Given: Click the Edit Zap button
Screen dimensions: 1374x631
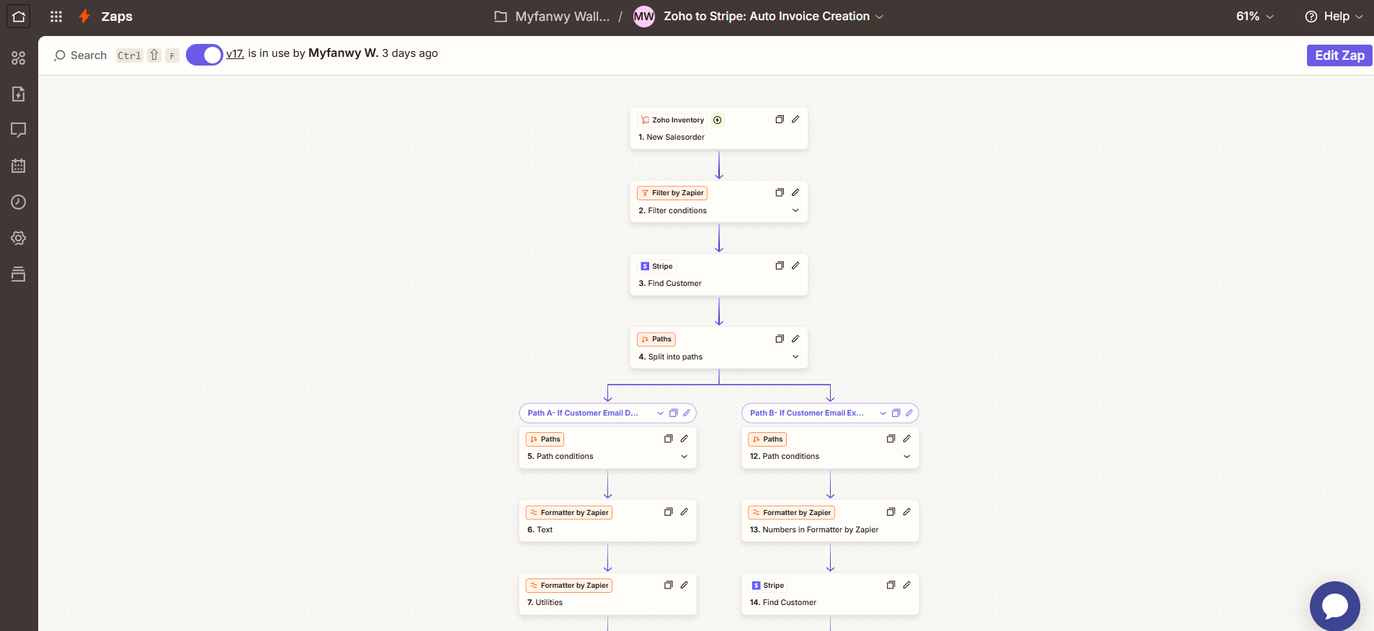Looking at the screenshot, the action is [x=1339, y=55].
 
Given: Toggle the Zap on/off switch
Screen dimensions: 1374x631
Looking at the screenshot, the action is [x=205, y=55].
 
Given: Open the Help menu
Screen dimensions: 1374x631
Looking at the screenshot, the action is [x=1334, y=17].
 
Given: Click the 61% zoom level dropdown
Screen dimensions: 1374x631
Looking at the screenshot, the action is [x=1255, y=17].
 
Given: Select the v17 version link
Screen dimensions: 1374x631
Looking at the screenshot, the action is [x=235, y=53].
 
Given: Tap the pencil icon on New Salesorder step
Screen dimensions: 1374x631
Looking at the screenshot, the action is [x=795, y=120].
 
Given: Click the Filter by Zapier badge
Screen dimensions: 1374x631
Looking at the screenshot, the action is [x=672, y=193].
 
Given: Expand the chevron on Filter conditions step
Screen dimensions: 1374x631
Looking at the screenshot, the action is [x=795, y=210].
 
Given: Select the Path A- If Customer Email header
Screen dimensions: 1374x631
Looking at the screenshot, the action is [x=583, y=413].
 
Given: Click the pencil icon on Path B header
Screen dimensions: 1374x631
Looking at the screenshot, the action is [x=909, y=413].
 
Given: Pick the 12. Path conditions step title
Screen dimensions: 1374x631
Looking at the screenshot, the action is [x=785, y=457].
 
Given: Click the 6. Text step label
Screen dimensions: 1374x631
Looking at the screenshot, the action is [x=540, y=530].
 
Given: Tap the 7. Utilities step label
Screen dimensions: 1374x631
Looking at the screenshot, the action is [x=545, y=603].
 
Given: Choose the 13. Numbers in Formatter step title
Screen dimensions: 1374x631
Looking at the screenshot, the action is [x=814, y=530].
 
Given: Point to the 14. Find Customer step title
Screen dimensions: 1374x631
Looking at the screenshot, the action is [x=783, y=603].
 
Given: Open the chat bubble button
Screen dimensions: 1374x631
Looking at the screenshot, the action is [x=1334, y=606].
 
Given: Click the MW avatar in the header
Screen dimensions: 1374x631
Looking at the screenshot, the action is [x=643, y=17].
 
